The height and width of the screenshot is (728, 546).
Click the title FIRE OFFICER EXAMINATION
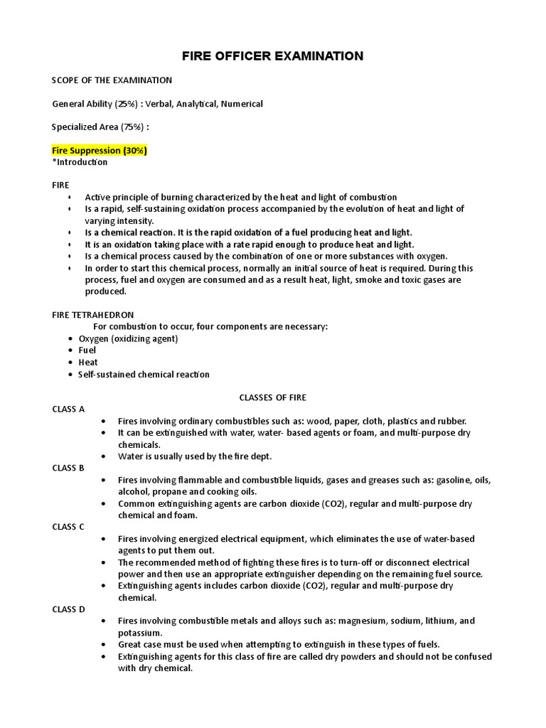point(273,56)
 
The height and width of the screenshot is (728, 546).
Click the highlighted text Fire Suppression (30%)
point(100,151)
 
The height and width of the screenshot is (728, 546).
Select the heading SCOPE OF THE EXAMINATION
point(112,80)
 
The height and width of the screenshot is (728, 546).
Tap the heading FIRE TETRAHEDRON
point(93,314)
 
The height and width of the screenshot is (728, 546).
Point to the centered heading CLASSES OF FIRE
point(272,397)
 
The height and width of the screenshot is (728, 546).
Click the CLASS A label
point(68,409)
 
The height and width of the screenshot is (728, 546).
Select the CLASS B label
point(68,468)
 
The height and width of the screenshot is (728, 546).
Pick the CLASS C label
point(68,527)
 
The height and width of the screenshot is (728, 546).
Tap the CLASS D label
point(68,609)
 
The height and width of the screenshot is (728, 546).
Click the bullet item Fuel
point(87,350)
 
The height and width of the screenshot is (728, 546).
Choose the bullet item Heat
point(88,363)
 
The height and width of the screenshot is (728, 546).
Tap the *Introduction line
point(80,162)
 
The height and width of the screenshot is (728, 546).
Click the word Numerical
point(241,104)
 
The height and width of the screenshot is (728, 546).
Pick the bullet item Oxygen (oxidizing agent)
point(128,338)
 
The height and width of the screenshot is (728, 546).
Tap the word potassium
point(140,633)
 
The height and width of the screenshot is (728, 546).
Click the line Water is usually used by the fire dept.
point(195,456)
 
